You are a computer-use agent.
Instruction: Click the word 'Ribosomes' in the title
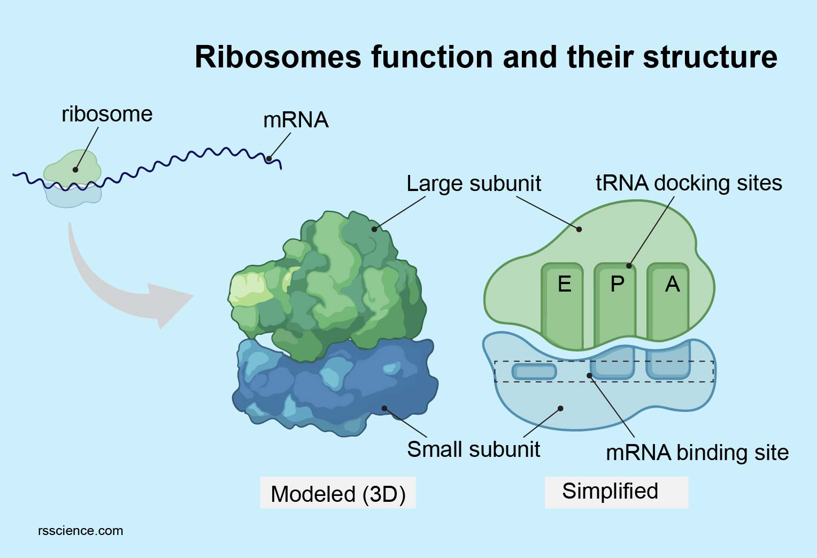tap(278, 57)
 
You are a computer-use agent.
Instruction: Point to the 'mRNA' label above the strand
tap(296, 120)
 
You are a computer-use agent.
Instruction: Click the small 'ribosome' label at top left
tap(107, 114)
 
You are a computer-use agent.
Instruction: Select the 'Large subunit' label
tap(474, 184)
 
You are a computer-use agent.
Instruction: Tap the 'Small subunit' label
tap(473, 449)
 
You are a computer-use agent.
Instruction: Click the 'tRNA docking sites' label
tap(689, 183)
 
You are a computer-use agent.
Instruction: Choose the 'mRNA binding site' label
tap(697, 453)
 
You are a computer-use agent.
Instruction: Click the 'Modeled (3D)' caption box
tap(338, 493)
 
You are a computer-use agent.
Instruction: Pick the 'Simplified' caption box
tap(616, 492)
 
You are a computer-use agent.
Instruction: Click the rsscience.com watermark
tap(81, 531)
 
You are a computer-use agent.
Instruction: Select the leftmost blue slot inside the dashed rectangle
tap(534, 371)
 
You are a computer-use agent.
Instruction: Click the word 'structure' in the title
tap(710, 57)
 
